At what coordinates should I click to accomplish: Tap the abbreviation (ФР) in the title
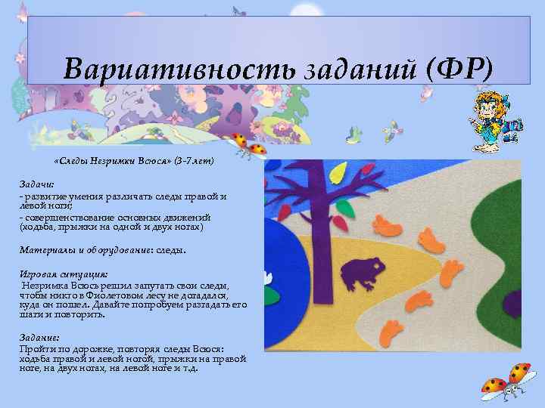click(459, 70)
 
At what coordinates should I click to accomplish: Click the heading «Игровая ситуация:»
click(64, 274)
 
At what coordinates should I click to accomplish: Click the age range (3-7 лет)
click(195, 161)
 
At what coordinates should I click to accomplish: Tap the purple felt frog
click(362, 274)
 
